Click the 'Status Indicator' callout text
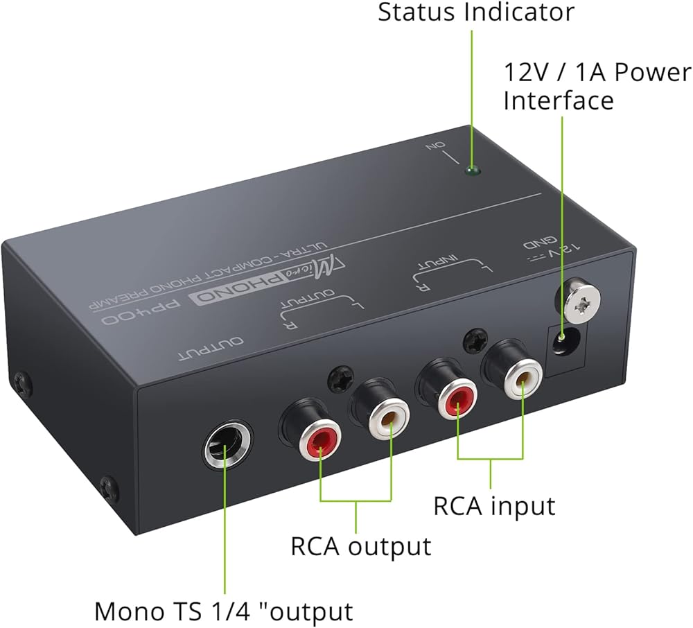tap(475, 12)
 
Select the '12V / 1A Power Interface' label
tap(596, 86)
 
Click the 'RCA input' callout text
tap(494, 505)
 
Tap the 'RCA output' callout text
tap(360, 546)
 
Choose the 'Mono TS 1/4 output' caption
tap(223, 611)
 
